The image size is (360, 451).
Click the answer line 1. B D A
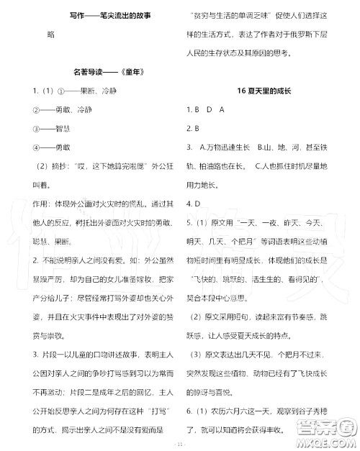(x=205, y=109)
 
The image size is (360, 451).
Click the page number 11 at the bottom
(x=180, y=443)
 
